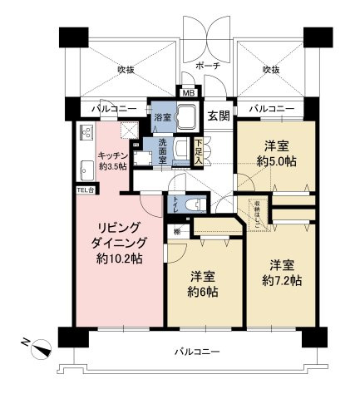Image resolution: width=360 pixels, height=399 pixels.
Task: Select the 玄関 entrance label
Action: pyautogui.click(x=218, y=116)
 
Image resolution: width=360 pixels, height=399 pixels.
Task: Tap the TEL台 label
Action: pyautogui.click(x=86, y=189)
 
